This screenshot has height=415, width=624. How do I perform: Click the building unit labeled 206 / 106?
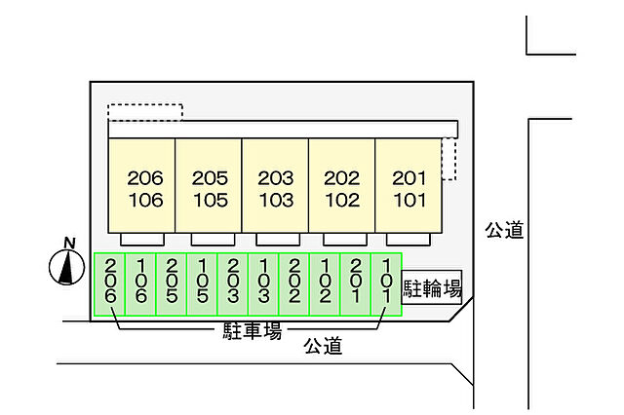tap(141, 188)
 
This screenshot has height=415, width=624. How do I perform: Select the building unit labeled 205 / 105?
tap(209, 188)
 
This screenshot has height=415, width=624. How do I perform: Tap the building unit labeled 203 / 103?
tap(275, 188)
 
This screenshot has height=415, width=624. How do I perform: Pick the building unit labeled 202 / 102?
tap(341, 188)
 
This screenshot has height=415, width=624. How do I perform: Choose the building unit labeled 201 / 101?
tap(409, 188)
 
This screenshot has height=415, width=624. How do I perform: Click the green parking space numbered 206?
tap(110, 283)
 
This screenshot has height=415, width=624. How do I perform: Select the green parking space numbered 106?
tap(140, 283)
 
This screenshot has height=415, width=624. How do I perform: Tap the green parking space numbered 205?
tap(172, 283)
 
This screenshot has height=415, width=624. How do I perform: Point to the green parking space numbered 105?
tap(202, 283)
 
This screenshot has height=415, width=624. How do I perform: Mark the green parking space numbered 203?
tap(233, 283)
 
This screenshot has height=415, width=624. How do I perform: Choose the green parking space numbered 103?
tap(263, 283)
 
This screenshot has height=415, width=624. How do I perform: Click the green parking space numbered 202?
tap(294, 283)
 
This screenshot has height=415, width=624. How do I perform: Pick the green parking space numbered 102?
tap(325, 283)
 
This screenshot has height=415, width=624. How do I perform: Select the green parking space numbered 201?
tap(356, 283)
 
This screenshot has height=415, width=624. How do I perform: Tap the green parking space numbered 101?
tap(386, 283)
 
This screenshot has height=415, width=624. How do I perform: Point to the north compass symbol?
tap(66, 263)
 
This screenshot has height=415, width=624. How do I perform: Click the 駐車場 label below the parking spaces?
tap(248, 331)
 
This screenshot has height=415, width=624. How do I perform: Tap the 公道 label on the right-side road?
tap(504, 230)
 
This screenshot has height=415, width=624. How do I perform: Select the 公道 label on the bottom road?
tap(322, 346)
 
